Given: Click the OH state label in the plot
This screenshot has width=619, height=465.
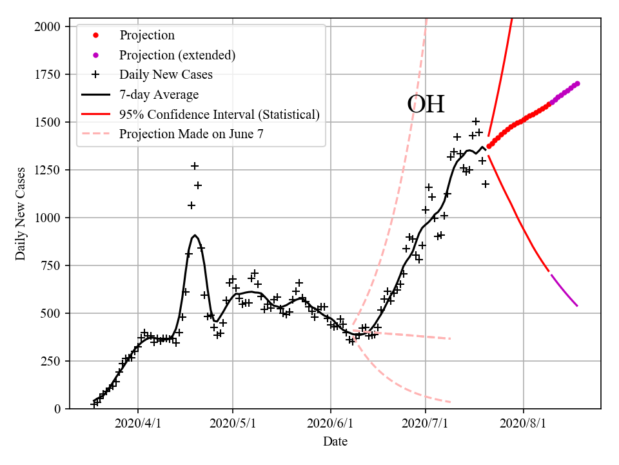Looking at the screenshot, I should point(426,104).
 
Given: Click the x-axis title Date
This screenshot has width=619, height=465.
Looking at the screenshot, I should point(335,442).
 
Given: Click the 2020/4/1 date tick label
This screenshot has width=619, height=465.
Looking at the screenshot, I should point(138,424).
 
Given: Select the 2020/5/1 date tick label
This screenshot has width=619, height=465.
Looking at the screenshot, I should point(233,424).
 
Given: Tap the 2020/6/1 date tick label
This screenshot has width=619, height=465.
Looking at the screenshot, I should point(331,424).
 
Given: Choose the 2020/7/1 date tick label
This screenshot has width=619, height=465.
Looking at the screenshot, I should point(426,424).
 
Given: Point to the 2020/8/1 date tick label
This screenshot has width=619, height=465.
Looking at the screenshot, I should point(524,424).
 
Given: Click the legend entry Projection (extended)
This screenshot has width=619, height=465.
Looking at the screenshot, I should point(177,55).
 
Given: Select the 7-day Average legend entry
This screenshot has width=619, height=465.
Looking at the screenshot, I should point(159,94).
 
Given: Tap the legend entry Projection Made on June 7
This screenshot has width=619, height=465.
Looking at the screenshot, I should point(191,134).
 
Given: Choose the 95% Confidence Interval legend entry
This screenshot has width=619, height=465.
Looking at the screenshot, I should point(219,114).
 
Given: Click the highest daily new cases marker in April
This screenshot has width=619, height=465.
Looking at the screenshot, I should point(195,166).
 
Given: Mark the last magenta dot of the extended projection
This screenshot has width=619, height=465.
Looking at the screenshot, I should point(577,83).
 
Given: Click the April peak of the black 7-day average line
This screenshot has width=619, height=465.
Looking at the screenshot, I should point(195,236).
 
